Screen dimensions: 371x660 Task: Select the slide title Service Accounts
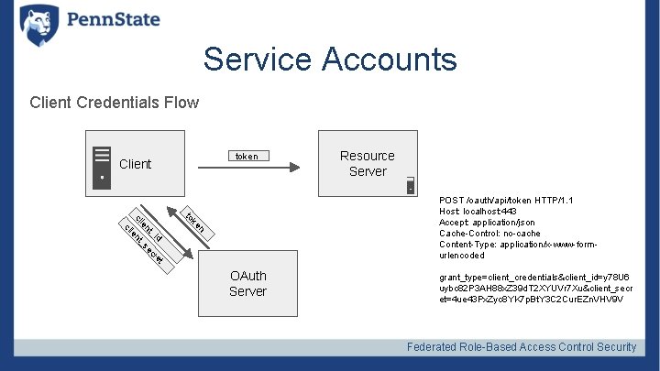pos(330,60)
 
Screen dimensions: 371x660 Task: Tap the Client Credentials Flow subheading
pos(114,102)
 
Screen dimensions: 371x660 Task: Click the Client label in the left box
pos(136,164)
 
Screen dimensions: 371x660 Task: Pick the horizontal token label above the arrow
pos(247,157)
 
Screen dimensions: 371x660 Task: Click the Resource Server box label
pos(367,163)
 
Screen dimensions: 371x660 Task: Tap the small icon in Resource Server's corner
pos(411,186)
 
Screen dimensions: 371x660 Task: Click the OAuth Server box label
pos(247,283)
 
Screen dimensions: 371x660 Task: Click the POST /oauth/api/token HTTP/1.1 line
pos(506,200)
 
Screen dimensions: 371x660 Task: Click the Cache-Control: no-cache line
pos(489,233)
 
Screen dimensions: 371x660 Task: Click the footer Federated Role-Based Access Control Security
pos(521,346)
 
